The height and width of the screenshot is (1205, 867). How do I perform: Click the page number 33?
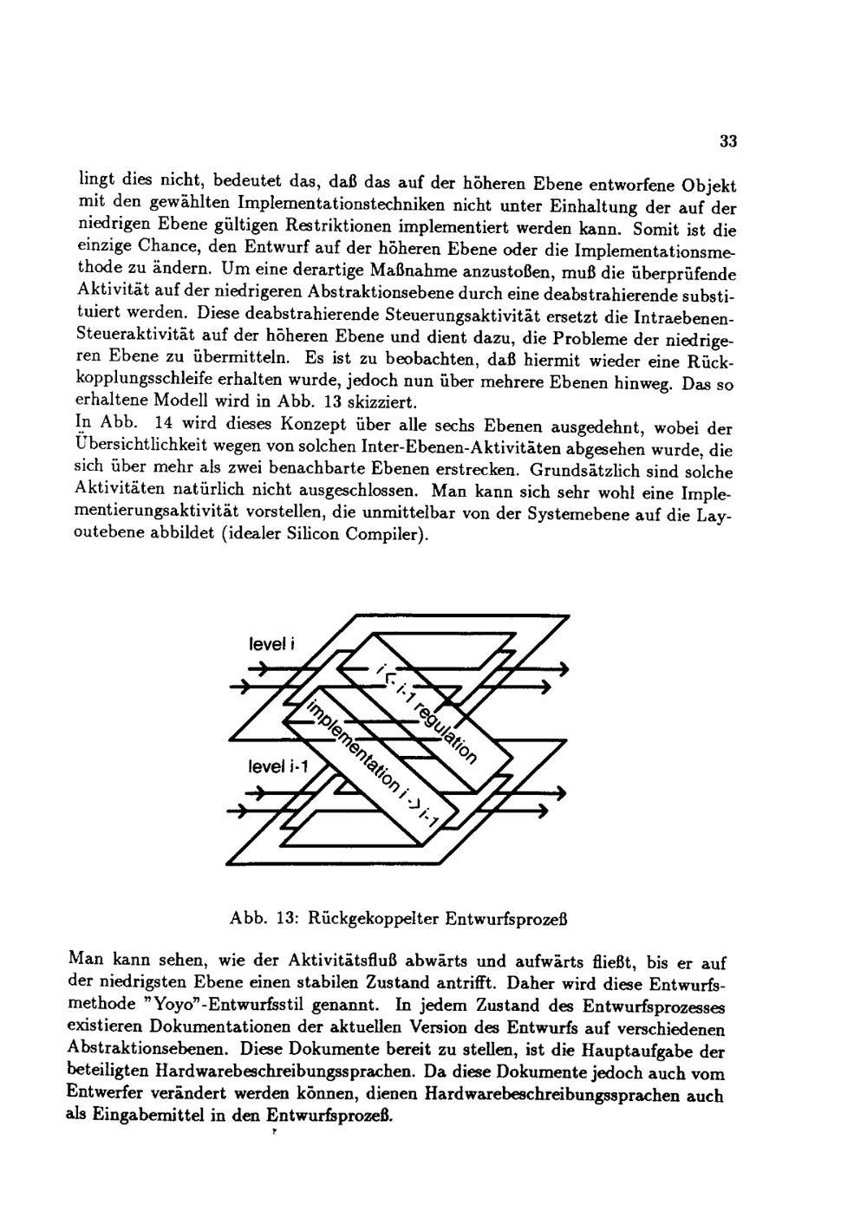pyautogui.click(x=727, y=141)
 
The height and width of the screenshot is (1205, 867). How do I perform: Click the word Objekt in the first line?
pyautogui.click(x=707, y=186)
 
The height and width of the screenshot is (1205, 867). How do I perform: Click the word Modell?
pyautogui.click(x=194, y=402)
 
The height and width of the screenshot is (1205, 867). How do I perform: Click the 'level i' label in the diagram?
pyautogui.click(x=271, y=645)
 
